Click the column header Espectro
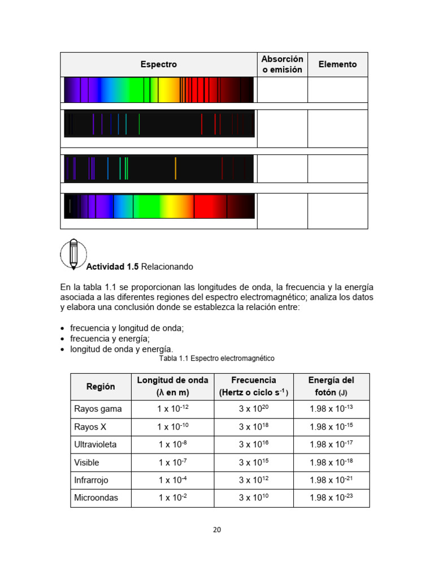point(158,64)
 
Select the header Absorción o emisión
point(282,64)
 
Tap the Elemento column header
point(337,64)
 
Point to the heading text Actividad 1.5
point(112,266)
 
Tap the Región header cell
point(101,387)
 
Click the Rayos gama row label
point(98,409)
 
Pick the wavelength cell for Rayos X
point(172,427)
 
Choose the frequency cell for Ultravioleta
point(254,445)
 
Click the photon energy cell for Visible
point(331,463)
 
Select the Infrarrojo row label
point(91,480)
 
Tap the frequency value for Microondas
point(254,498)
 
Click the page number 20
point(217,530)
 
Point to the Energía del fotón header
point(331,386)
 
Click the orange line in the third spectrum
point(175,168)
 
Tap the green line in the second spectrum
point(139,124)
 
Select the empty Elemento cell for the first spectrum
point(337,90)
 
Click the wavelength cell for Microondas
point(172,498)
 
